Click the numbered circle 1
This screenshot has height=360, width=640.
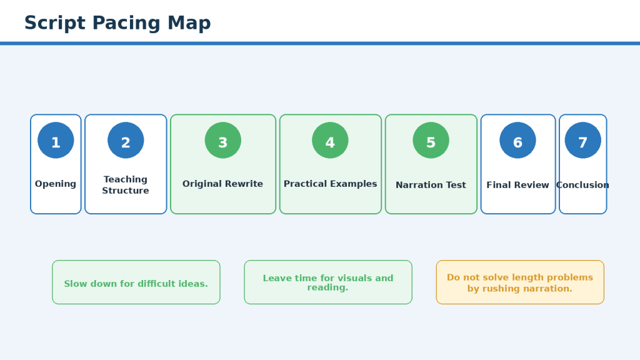pyautogui.click(x=56, y=140)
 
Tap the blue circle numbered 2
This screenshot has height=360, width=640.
pyautogui.click(x=126, y=140)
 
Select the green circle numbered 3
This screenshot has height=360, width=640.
pyautogui.click(x=223, y=140)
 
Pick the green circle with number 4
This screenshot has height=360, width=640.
pyautogui.click(x=330, y=140)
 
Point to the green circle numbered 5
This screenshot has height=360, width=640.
pyautogui.click(x=431, y=140)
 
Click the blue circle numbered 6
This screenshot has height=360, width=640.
pyautogui.click(x=517, y=140)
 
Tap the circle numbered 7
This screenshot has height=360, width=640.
pyautogui.click(x=583, y=140)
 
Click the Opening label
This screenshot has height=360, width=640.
pyautogui.click(x=56, y=184)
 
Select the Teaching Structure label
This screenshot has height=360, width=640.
pyautogui.click(x=126, y=185)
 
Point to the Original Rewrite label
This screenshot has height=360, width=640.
pyautogui.click(x=223, y=184)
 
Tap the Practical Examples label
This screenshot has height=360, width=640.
pyautogui.click(x=330, y=184)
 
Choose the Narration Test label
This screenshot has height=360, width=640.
pyautogui.click(x=431, y=185)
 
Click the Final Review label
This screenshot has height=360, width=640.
pyautogui.click(x=517, y=185)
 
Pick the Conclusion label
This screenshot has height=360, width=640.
pyautogui.click(x=583, y=185)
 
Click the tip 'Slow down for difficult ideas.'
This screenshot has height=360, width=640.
pyautogui.click(x=136, y=282)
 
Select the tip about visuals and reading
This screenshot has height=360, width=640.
pyautogui.click(x=328, y=282)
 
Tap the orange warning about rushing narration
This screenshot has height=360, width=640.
pyautogui.click(x=520, y=282)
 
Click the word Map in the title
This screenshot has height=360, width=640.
pyautogui.click(x=189, y=23)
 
